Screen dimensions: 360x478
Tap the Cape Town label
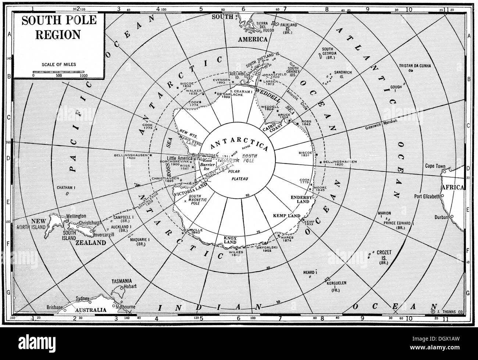point(435,166)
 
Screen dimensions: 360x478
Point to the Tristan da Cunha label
point(414,66)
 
